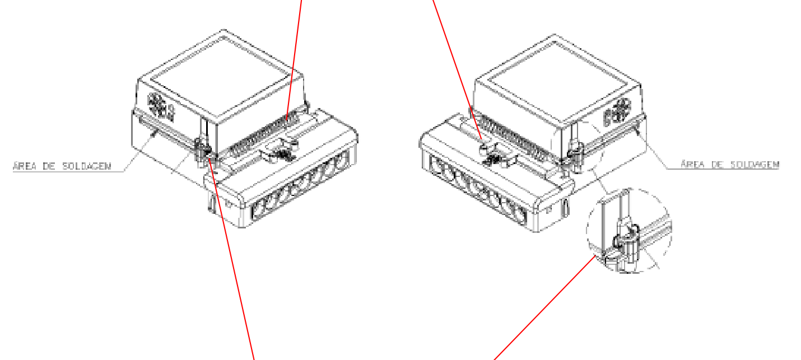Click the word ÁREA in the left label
(25, 166)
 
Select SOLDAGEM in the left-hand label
(87, 166)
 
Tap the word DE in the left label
(49, 166)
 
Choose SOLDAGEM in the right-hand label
(755, 165)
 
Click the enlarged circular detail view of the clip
(630, 230)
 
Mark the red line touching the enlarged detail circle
(544, 308)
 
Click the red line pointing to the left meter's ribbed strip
(294, 58)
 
